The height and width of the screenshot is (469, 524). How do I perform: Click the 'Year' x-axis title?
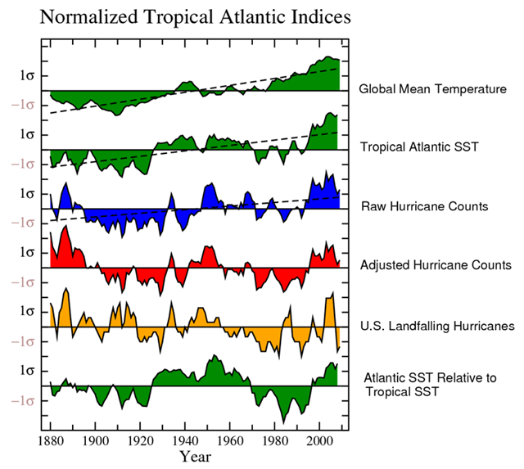click(197, 455)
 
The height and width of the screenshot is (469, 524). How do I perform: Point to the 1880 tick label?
click(51, 441)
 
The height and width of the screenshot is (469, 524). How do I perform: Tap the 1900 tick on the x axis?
click(96, 441)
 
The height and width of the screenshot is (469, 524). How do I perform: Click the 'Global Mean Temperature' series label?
click(432, 88)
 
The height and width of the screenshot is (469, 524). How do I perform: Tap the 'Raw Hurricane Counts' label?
click(424, 206)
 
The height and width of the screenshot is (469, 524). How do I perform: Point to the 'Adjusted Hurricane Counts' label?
click(436, 265)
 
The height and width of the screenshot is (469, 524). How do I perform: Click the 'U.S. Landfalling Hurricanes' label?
click(437, 326)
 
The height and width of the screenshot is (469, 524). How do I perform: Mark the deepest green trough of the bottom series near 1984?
click(284, 422)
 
